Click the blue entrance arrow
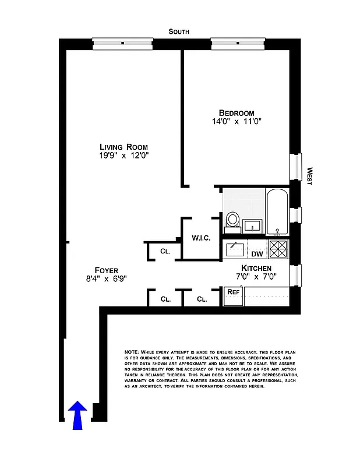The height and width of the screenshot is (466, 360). [x=77, y=415]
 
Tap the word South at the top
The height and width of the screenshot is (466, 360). [x=179, y=31]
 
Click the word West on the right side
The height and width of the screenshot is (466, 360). [x=310, y=176]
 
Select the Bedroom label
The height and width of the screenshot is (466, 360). [x=237, y=113]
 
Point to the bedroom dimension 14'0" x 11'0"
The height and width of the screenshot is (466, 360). [x=237, y=122]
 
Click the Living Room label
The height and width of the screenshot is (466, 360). [x=123, y=147]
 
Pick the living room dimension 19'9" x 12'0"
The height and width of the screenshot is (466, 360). [x=123, y=156]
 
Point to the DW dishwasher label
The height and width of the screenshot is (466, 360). [x=257, y=253]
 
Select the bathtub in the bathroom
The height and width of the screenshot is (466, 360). [x=277, y=211]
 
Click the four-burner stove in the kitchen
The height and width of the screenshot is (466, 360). [x=278, y=249]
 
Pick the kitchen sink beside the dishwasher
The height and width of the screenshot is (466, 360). [x=237, y=249]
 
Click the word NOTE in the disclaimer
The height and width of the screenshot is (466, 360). [x=131, y=353]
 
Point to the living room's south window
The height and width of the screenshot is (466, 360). [x=123, y=43]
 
